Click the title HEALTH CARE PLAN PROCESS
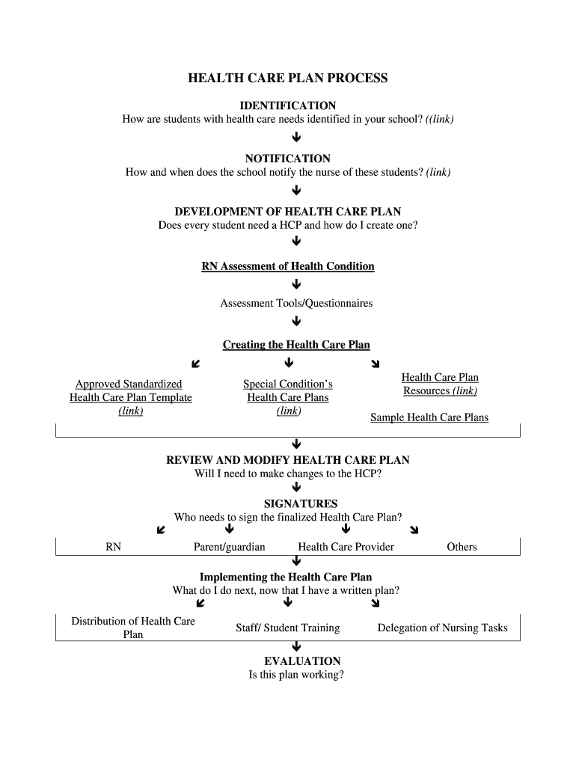[287, 79]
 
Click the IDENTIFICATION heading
[287, 105]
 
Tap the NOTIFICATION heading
[287, 159]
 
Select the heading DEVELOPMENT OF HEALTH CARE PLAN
[287, 212]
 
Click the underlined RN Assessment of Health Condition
[287, 266]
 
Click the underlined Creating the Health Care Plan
[296, 345]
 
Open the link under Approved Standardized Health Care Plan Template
[131, 411]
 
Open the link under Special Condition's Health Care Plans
[288, 411]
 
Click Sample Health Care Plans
[429, 417]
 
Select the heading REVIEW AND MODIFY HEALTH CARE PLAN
[287, 460]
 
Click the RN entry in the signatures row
[114, 547]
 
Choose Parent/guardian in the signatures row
[229, 547]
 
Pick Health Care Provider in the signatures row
[346, 547]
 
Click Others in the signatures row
[462, 547]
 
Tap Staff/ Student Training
[287, 628]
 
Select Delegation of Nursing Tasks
[442, 628]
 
